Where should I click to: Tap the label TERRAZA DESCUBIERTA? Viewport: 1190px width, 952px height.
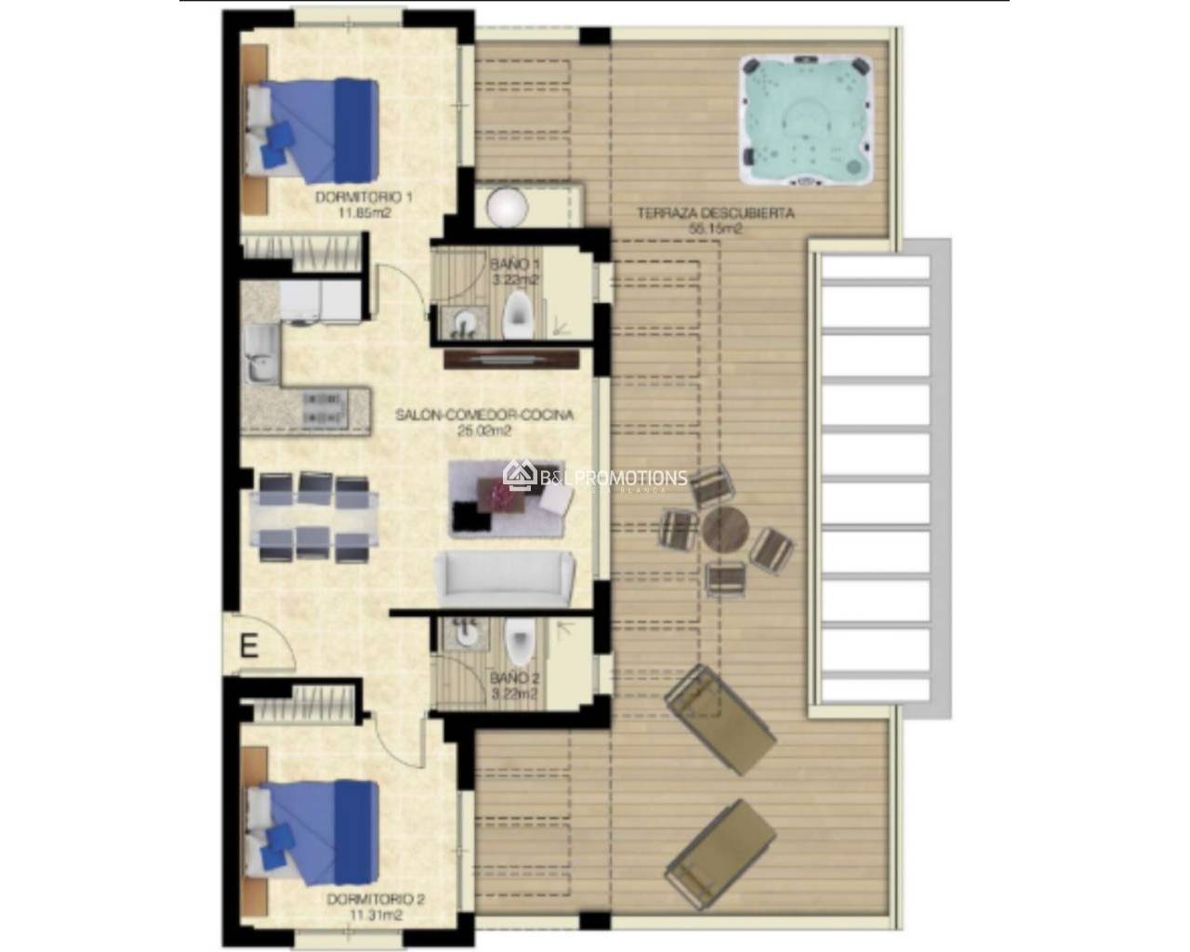[x=715, y=213]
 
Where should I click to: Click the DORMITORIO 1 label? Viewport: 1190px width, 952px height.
[x=364, y=197]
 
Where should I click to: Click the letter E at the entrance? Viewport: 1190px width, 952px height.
[x=248, y=644]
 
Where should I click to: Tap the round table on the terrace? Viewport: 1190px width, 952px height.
[x=725, y=531]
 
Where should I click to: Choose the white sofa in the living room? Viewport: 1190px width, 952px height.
[x=505, y=575]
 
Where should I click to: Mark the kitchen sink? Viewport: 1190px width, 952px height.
[x=259, y=355]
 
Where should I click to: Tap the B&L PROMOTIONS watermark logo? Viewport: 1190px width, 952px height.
[x=595, y=478]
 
